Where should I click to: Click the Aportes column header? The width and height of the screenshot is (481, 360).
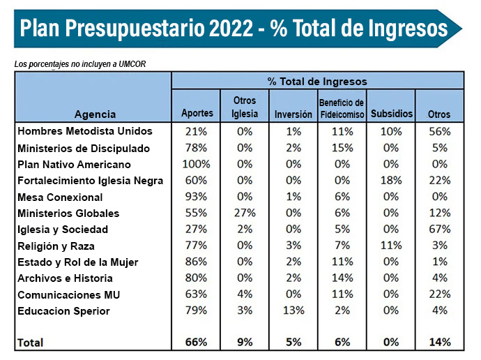[x=196, y=114]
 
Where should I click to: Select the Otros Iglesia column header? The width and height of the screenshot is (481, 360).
[x=244, y=107]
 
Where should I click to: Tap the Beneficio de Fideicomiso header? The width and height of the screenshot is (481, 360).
[x=342, y=108]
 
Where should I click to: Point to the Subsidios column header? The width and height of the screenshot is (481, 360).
[x=392, y=114]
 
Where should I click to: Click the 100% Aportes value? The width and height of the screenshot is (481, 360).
[x=196, y=165]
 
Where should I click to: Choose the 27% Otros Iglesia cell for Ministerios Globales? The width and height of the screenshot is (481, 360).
[x=245, y=213]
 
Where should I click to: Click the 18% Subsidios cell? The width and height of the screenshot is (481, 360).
[x=392, y=181]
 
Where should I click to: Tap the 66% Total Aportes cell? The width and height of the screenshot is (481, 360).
[x=196, y=342]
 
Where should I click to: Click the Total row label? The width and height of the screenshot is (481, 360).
[x=30, y=343]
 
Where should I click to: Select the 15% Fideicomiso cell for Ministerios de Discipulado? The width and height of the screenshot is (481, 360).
[x=342, y=148]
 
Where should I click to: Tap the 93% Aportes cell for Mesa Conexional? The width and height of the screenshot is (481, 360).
[x=196, y=197]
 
